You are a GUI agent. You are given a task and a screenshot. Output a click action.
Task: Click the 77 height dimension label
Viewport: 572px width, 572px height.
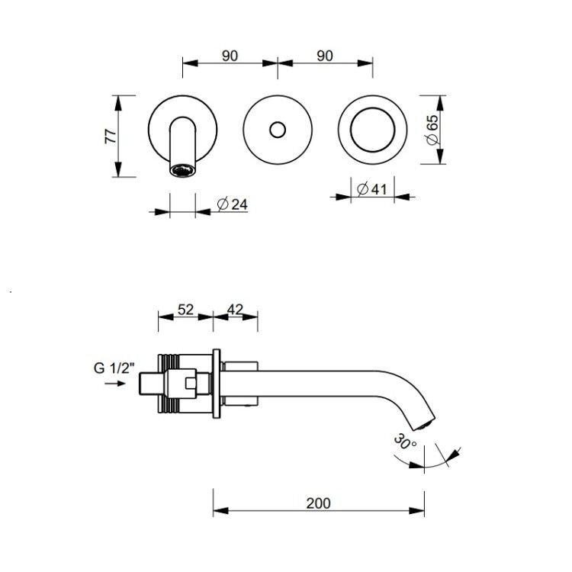coord(111,136)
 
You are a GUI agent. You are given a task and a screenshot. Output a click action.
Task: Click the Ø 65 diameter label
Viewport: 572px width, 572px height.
coord(432,130)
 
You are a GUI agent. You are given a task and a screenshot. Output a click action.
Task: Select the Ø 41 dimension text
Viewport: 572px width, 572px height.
coord(371,189)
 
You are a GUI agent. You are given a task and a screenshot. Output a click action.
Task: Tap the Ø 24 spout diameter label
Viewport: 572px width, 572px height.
coord(233,204)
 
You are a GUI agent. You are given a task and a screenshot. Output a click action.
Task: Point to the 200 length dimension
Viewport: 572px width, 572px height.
coord(319,503)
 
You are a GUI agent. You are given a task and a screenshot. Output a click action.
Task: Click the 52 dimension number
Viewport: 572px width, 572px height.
coord(185,310)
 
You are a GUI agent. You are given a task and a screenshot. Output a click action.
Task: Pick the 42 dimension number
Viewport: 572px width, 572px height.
coord(235,310)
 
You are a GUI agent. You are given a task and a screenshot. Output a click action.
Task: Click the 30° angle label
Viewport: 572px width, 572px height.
coord(405,442)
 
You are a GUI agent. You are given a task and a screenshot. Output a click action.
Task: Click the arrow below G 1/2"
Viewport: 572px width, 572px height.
coord(115,384)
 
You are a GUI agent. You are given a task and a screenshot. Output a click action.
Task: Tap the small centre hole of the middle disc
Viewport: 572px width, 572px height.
coord(278,130)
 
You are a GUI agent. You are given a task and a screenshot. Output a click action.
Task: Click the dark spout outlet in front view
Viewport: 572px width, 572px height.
coord(183,170)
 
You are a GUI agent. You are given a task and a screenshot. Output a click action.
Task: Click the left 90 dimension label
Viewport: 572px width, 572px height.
coord(230,56)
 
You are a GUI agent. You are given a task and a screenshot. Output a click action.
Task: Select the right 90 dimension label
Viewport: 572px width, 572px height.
coord(325,56)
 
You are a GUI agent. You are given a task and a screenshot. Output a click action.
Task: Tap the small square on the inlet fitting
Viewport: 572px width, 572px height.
coord(191,383)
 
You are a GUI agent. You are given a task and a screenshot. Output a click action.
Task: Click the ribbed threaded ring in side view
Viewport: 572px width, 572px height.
coord(169,384)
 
